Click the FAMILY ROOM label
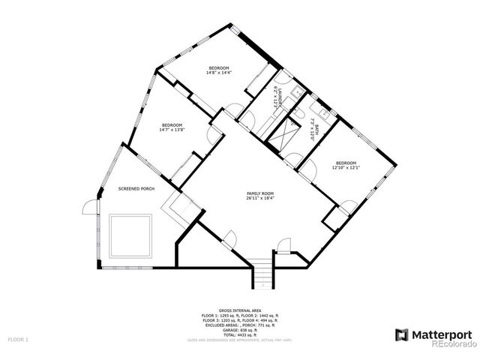[260, 193]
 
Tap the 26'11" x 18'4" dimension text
[260, 199]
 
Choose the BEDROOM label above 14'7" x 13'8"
[172, 124]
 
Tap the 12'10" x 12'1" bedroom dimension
[346, 167]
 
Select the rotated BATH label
[316, 130]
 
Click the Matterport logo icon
[401, 334]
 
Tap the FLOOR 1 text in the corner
[18, 340]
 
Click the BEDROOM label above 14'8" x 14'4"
[219, 67]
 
